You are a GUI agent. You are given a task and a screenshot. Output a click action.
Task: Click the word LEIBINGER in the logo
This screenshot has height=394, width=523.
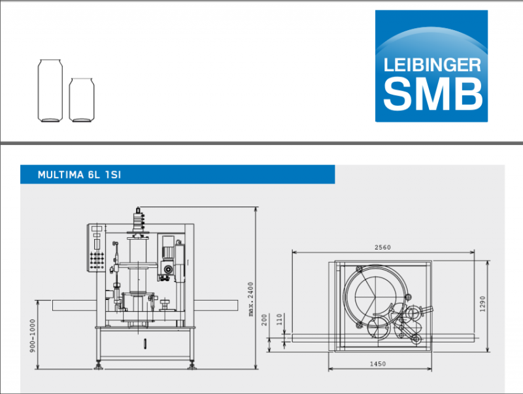pos(432,65)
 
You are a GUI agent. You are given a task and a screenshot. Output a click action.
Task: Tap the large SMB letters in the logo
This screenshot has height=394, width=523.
pos(433,93)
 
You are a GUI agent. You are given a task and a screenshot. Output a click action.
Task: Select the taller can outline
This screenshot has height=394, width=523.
pos(50,91)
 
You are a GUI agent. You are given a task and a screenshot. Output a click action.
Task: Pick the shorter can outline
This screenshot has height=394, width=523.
pos(81,100)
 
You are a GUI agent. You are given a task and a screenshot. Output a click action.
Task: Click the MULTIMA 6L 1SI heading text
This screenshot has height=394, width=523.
pos(79,174)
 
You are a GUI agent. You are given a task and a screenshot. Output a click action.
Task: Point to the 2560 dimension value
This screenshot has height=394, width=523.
pos(382,248)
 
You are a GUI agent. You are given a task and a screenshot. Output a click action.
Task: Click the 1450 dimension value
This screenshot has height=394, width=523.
pos(378,364)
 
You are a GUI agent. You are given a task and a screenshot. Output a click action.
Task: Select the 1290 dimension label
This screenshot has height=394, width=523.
pos(482,304)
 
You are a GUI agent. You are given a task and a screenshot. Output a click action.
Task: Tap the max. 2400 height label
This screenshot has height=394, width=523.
pos(251,299)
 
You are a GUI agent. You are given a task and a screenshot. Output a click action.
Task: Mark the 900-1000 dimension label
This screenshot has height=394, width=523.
pos(32,336)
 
